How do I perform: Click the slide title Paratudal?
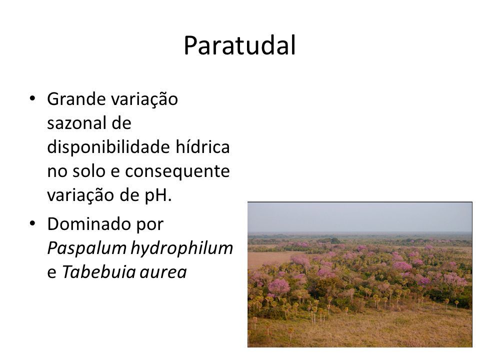tap(239, 45)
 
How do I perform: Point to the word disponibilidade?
tap(108, 147)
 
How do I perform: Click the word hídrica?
tap(202, 146)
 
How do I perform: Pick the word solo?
tap(89, 171)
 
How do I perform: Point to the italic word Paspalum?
tap(87, 248)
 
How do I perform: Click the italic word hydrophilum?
tap(182, 248)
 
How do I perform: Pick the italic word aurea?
tap(163, 273)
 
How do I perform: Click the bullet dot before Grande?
tap(32, 98)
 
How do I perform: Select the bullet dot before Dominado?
tap(32, 223)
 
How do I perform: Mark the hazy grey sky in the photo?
tap(359, 216)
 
